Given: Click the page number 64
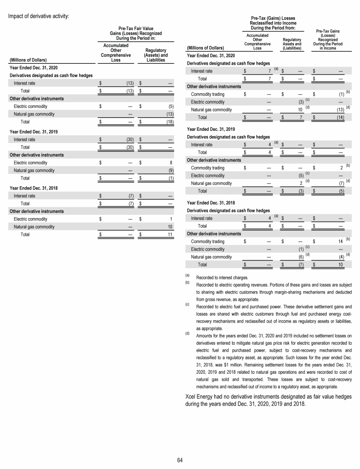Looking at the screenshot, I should point(180,459).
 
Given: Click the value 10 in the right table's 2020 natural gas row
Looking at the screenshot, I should point(300,109).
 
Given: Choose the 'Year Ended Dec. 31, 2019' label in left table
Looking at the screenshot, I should point(33,131).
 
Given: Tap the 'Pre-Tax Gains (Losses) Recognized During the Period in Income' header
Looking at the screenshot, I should point(328,40).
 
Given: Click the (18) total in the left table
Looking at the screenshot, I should point(170,122).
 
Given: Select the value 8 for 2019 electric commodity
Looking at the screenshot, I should point(172,163).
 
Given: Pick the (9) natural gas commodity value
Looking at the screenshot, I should point(171,171).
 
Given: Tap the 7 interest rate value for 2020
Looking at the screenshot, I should point(264,71).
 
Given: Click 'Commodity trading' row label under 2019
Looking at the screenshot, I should point(208,167).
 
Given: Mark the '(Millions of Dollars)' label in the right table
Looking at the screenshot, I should point(206,47).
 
